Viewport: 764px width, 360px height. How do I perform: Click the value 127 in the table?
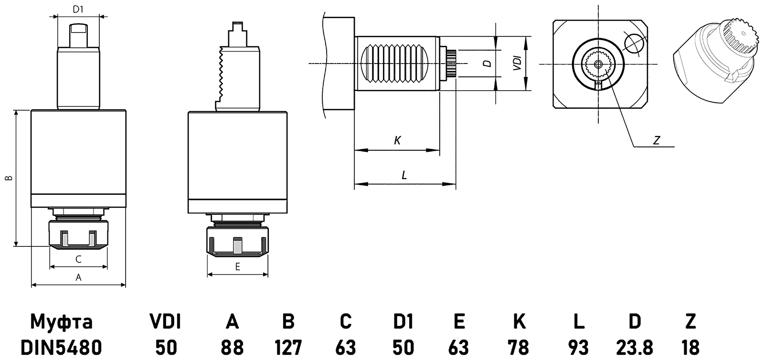pyautogui.click(x=288, y=347)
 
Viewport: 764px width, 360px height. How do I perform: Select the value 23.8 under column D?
pyautogui.click(x=635, y=347)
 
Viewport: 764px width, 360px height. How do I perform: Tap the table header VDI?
pyautogui.click(x=166, y=322)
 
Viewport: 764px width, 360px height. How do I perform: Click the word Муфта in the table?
pyautogui.click(x=61, y=322)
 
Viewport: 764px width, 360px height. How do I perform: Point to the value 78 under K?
pyautogui.click(x=519, y=347)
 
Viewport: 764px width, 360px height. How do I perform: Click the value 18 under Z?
pyautogui.click(x=690, y=347)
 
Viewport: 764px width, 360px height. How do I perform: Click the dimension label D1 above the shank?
pyautogui.click(x=78, y=9)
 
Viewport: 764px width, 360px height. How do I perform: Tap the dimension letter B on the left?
pyautogui.click(x=8, y=179)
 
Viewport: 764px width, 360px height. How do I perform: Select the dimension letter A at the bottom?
pyautogui.click(x=79, y=277)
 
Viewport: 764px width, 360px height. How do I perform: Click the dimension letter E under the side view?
pyautogui.click(x=237, y=267)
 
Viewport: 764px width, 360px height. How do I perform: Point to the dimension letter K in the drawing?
pyautogui.click(x=397, y=140)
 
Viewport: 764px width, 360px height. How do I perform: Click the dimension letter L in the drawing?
pyautogui.click(x=404, y=175)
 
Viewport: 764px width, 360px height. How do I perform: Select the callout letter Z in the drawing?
pyautogui.click(x=657, y=140)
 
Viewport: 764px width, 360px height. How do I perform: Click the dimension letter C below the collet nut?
pyautogui.click(x=79, y=259)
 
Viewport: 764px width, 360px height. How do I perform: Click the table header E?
pyautogui.click(x=459, y=322)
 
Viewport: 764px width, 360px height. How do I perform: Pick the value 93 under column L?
pyautogui.click(x=578, y=347)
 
